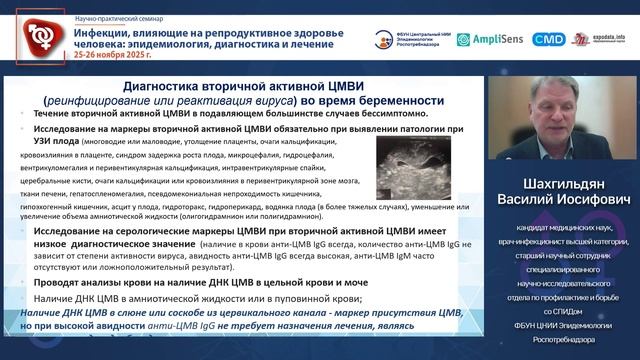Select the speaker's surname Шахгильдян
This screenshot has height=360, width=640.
pos(564,187)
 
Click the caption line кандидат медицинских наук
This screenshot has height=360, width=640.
pos(564,229)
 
